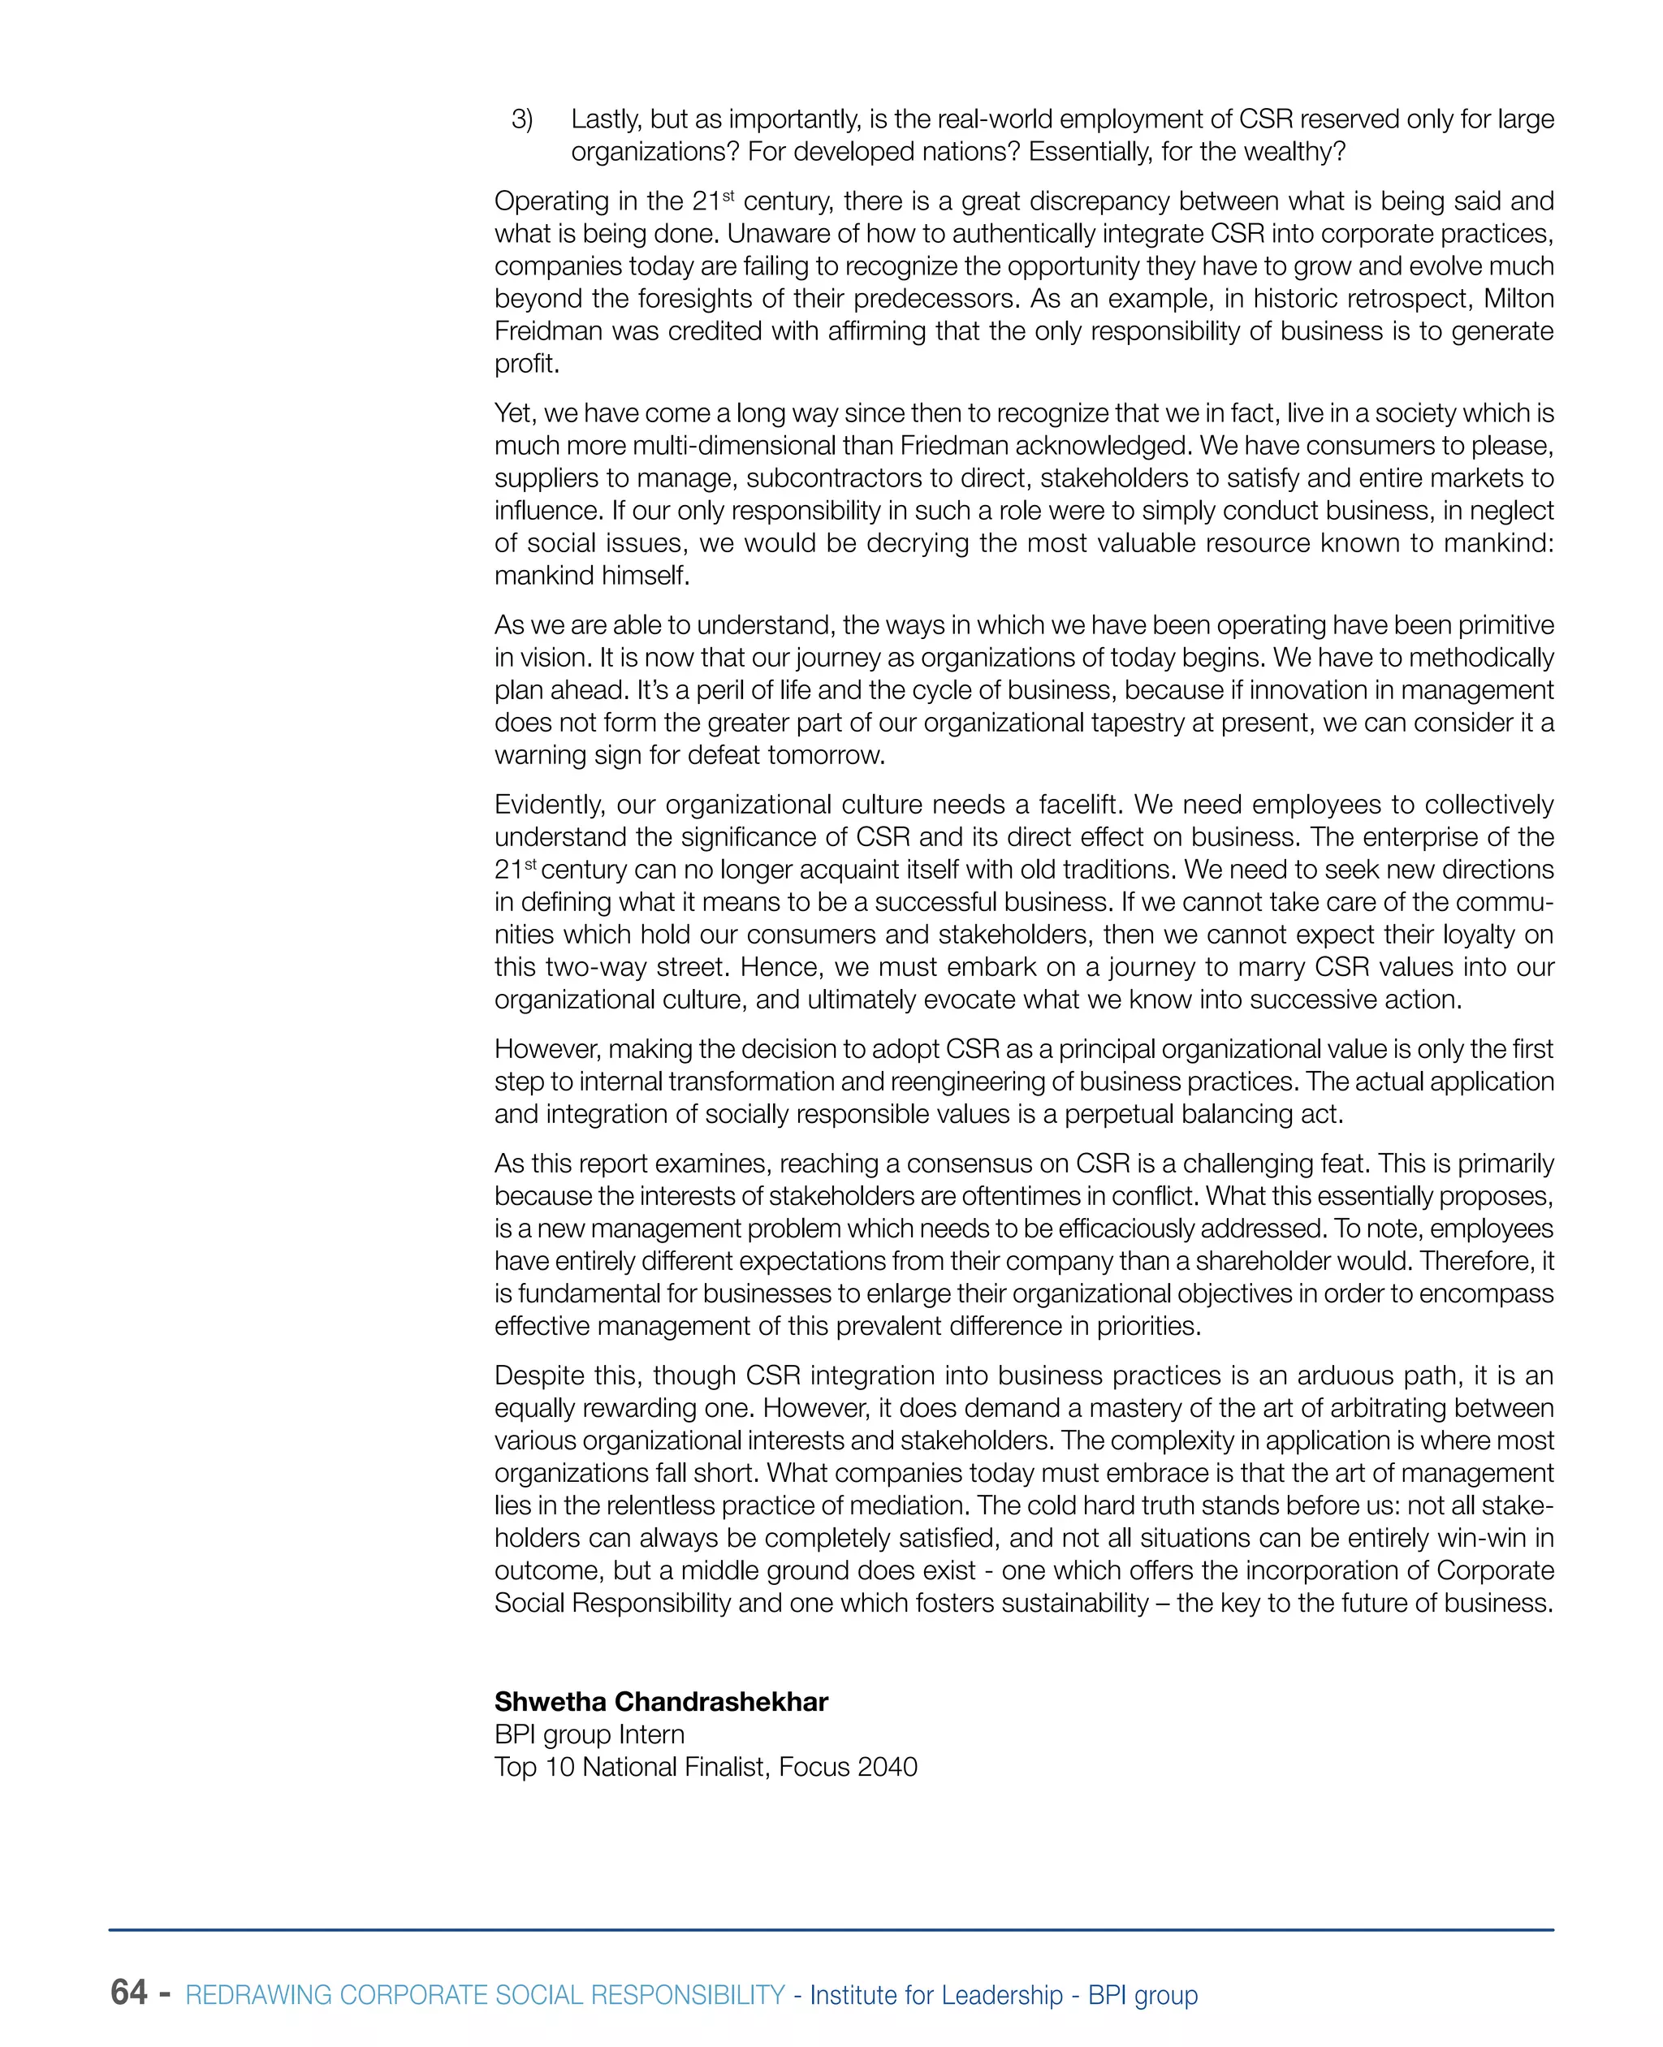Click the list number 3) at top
point(522,119)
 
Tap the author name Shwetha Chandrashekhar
point(661,1701)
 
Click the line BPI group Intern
point(590,1734)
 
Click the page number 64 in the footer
point(129,1992)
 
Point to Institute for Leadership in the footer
point(936,1994)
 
